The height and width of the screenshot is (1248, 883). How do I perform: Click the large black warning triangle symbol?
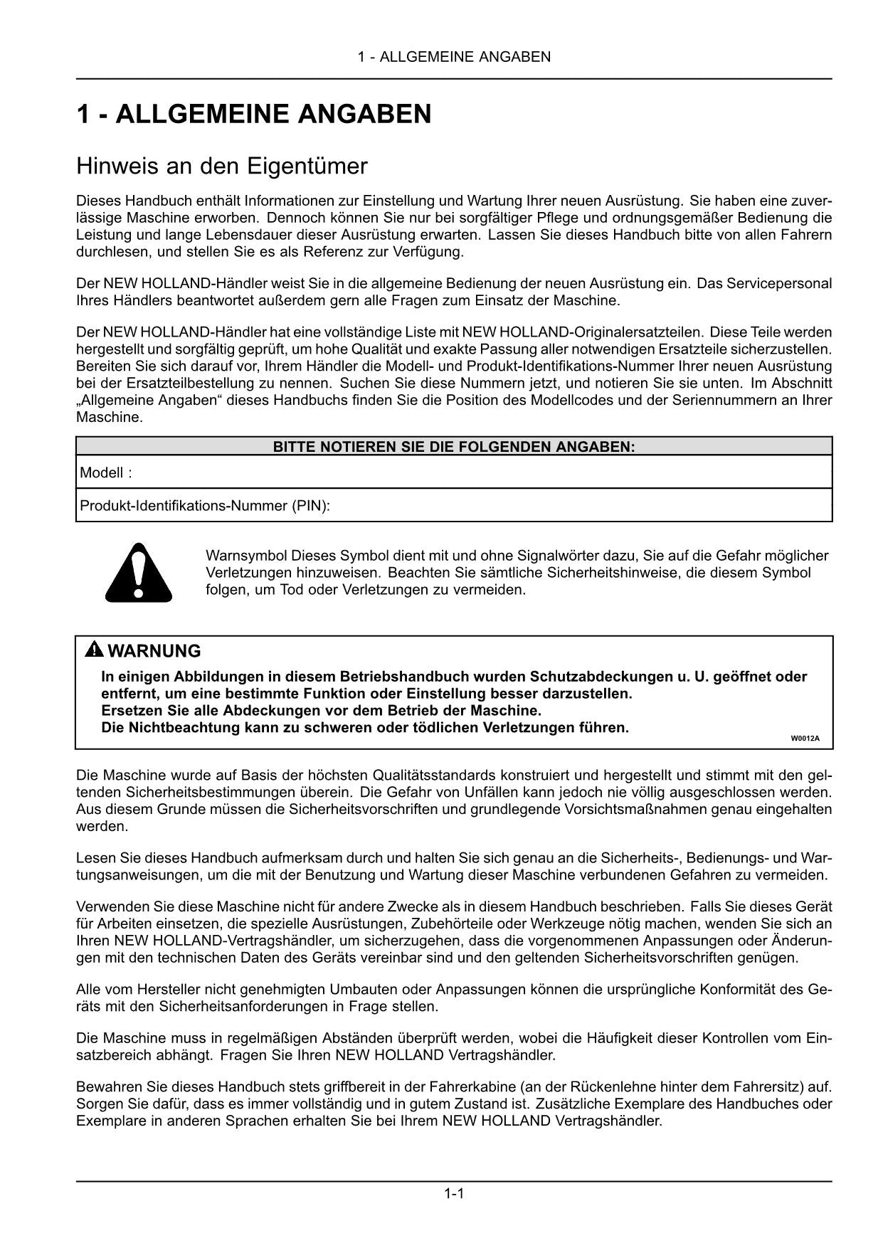pyautogui.click(x=139, y=572)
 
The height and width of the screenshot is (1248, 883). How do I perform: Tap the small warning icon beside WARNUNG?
pyautogui.click(x=94, y=650)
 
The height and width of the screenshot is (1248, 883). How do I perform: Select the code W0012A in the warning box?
pyautogui.click(x=805, y=739)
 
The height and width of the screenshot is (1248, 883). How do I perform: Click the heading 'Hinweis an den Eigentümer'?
pyautogui.click(x=221, y=166)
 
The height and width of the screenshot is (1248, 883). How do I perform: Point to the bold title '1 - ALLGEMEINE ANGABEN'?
pyautogui.click(x=253, y=115)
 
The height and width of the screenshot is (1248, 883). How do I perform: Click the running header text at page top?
pyautogui.click(x=454, y=57)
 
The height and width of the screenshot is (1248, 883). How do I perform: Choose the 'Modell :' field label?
pyautogui.click(x=106, y=472)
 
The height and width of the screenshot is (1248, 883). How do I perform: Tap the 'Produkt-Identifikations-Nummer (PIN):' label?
pyautogui.click(x=205, y=506)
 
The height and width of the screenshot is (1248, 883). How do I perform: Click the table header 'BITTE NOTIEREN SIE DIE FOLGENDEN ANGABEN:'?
pyautogui.click(x=454, y=447)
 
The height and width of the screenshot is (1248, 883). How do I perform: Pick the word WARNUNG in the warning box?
pyautogui.click(x=154, y=651)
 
